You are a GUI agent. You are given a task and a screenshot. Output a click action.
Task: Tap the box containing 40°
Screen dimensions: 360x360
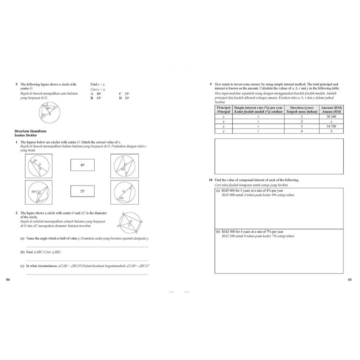tap(82, 165)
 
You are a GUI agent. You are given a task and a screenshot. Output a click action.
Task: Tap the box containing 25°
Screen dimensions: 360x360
tap(82, 191)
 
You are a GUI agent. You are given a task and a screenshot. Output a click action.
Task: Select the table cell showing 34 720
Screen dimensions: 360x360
tap(333, 126)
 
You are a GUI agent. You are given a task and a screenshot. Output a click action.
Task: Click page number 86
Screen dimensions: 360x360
tap(8, 279)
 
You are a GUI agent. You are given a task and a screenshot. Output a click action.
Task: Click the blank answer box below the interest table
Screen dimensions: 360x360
tap(279, 156)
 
